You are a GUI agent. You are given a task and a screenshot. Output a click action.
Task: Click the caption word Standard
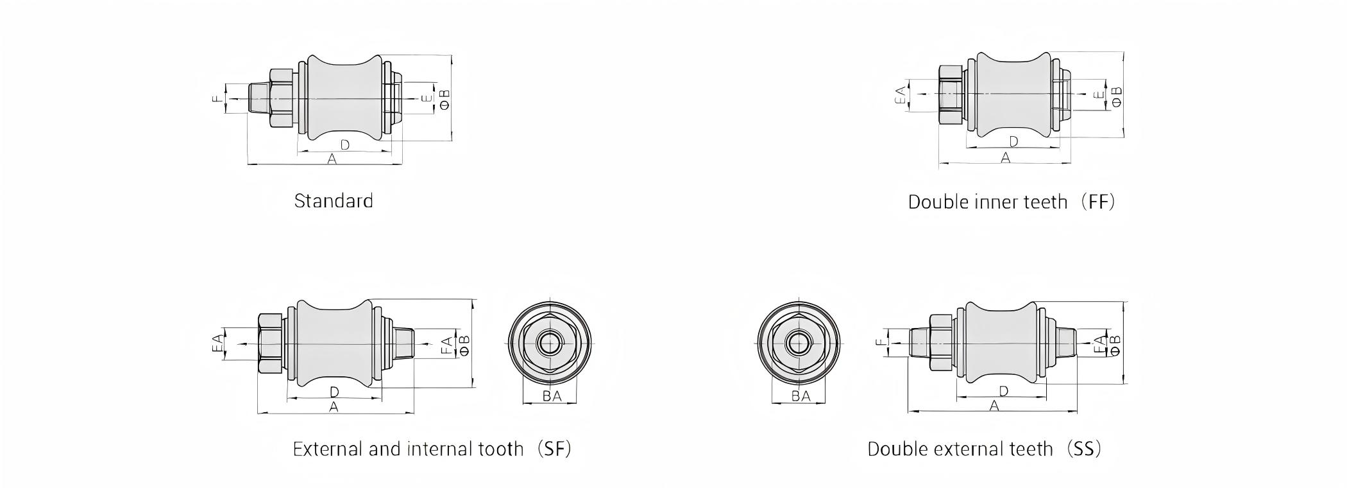tap(334, 201)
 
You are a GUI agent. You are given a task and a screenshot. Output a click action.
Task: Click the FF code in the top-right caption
tap(1097, 202)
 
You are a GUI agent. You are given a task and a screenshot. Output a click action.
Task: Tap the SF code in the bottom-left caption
tap(554, 449)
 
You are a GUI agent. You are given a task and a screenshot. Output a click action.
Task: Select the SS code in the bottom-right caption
tap(1083, 449)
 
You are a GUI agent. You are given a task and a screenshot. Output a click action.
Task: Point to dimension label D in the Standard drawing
tap(344, 144)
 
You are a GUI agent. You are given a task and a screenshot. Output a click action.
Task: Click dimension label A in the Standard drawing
tap(332, 159)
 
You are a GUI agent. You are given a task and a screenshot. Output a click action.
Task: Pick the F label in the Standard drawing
tap(218, 98)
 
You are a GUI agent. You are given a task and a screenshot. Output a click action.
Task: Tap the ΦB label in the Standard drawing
tap(445, 99)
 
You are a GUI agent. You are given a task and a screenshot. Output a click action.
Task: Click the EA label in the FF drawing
tap(901, 96)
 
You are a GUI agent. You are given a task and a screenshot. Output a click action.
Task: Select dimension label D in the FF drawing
tap(1013, 141)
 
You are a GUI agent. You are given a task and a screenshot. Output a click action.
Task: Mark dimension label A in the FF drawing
tap(1005, 157)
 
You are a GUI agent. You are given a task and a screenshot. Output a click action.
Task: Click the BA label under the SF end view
tap(552, 396)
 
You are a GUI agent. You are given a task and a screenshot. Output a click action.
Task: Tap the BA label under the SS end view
tap(801, 396)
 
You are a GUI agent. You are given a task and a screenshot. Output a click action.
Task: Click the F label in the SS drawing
tap(880, 342)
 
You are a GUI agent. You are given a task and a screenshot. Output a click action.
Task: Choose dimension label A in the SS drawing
tap(994, 406)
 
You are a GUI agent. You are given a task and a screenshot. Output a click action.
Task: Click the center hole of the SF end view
tap(549, 344)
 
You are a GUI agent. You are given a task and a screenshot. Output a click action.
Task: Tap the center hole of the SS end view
tap(799, 344)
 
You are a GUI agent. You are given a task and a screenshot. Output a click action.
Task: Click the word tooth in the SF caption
tap(501, 449)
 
